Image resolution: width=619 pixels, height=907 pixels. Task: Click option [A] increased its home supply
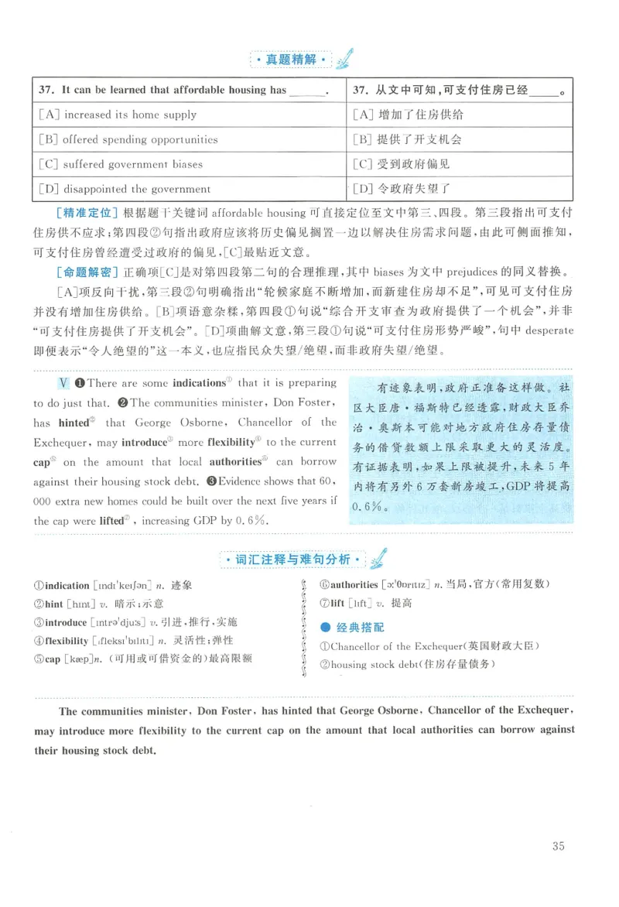coord(118,115)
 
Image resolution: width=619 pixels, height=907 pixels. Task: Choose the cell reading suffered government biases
coord(121,164)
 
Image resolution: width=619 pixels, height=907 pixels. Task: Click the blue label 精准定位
coord(88,212)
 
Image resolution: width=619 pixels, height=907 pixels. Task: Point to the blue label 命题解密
coord(88,272)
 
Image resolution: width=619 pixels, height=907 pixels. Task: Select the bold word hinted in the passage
coord(73,423)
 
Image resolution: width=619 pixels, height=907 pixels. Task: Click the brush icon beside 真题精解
coord(345,58)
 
